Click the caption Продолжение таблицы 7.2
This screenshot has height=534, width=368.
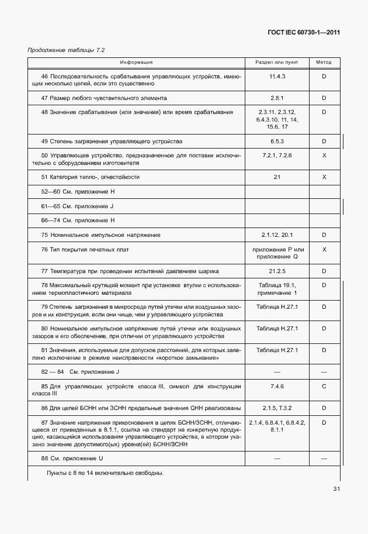(x=66, y=50)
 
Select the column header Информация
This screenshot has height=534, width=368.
(x=136, y=62)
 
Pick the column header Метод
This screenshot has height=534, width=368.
(x=324, y=62)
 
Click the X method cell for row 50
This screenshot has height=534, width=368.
(x=324, y=156)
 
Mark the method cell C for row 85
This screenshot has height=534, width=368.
(x=324, y=386)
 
